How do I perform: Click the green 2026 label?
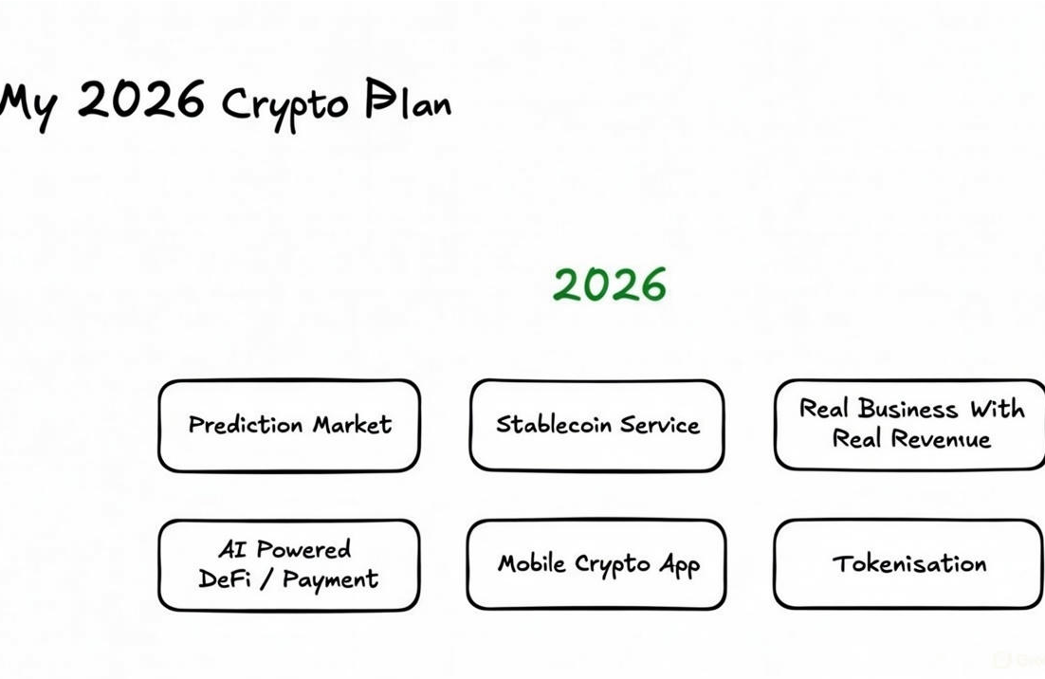pos(610,284)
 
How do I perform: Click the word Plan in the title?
pos(408,101)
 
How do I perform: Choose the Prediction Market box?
pos(289,425)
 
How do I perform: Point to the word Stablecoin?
pos(554,424)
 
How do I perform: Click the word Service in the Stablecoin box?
pos(660,424)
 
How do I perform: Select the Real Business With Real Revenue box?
pos(910,424)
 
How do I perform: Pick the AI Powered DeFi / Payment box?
pos(288,564)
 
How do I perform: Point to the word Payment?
pos(330,579)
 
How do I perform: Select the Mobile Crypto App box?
pos(597,564)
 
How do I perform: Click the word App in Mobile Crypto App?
pos(680,566)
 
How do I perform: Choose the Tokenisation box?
pos(908,564)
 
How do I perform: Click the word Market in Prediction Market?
pos(352,425)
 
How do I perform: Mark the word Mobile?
pos(532,563)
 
